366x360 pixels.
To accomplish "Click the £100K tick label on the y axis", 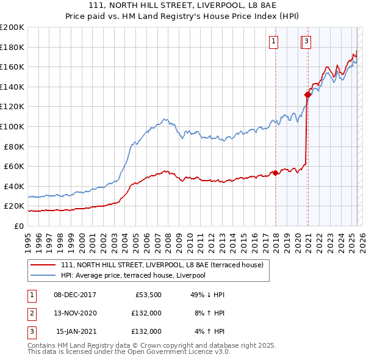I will (12, 126).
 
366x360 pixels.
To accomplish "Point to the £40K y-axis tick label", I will (14, 186).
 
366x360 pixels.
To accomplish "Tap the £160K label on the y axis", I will (12, 67).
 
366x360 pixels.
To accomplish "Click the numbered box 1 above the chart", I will (273, 41).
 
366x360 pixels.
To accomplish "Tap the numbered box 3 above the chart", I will (306, 41).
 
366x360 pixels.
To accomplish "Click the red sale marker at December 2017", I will (275, 173).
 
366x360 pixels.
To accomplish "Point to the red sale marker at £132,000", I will (308, 94).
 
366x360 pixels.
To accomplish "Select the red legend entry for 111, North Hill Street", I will (162, 265).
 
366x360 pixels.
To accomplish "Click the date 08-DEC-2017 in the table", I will (74, 295).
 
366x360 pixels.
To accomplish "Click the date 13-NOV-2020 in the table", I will (74, 313).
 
